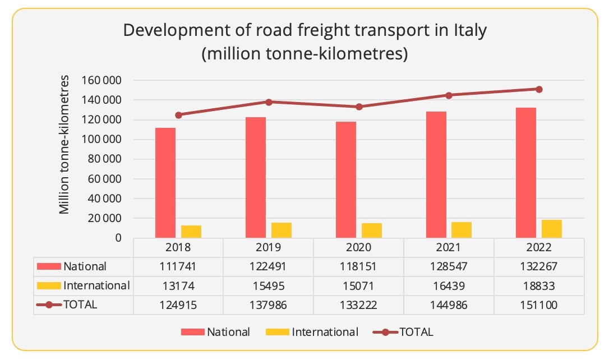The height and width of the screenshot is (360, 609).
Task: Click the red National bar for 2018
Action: (165, 183)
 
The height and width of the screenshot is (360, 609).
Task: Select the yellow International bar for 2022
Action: (552, 229)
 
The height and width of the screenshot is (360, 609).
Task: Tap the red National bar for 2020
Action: (346, 179)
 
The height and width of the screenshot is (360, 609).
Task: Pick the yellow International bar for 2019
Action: (282, 230)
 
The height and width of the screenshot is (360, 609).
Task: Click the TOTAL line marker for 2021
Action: (449, 95)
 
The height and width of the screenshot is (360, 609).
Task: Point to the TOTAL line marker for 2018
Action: (178, 115)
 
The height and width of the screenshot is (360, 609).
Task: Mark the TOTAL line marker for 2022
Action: (539, 89)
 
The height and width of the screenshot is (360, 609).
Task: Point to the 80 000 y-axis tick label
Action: (105, 159)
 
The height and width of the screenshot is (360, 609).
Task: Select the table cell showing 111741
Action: (178, 266)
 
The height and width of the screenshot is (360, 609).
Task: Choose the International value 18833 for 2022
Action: (539, 286)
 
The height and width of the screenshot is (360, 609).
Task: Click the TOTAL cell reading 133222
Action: (359, 304)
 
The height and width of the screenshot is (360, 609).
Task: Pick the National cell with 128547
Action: (449, 266)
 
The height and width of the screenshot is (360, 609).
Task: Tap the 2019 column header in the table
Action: (269, 247)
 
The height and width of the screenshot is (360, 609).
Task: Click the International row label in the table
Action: (96, 285)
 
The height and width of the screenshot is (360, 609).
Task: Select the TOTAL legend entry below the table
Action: (416, 331)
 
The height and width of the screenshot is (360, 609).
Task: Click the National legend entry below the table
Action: (228, 331)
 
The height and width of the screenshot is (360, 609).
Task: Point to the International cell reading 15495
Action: (269, 286)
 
